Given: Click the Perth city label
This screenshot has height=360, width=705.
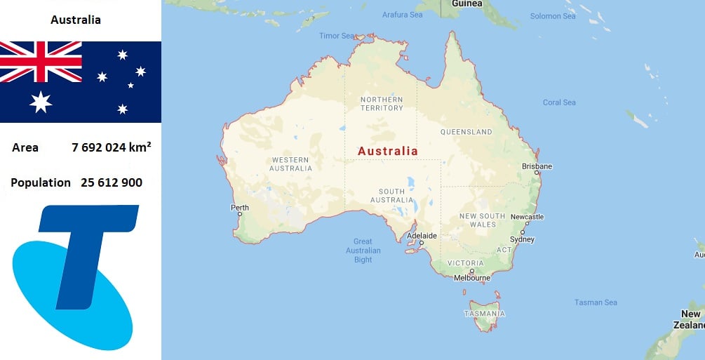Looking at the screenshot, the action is coord(240,208).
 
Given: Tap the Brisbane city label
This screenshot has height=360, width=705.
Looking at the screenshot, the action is coord(537,166).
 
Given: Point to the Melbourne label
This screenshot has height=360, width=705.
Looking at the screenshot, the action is coord(471,278).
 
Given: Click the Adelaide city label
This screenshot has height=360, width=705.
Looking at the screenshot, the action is coord(422,236).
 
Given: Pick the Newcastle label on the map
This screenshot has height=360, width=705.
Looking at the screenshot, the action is coord(527,217).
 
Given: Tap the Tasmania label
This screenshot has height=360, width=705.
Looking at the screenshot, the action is coord(484,314).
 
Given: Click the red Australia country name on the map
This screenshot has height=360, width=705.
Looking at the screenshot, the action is coord(387,151).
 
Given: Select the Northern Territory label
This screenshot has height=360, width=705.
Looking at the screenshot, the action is coord(382,104).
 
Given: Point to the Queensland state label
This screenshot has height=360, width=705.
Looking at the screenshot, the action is coord(466,132).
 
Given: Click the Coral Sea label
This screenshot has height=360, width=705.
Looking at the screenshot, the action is coord(559,102).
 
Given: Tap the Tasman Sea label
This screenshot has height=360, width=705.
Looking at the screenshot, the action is coord(596,302).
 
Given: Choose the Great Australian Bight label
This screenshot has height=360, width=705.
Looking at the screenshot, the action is coord(363,251).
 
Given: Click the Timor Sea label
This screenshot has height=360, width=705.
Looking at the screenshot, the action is coord(337,36).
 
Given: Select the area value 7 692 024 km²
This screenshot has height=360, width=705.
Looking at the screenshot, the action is coord(112,147).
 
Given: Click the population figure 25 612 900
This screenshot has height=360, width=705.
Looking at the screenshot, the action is coord(112,182).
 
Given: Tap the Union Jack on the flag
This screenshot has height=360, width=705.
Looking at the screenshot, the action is coord(41,62).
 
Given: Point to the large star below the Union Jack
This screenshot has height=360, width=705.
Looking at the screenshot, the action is coord(41,102).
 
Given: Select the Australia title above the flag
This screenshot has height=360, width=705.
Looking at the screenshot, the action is coord(76,20).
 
